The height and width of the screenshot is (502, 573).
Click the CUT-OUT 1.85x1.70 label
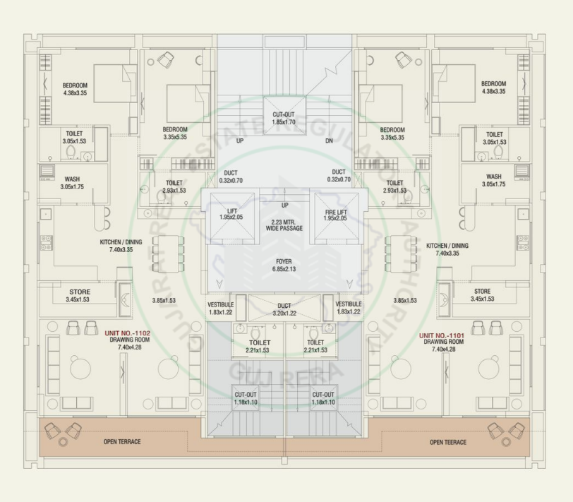284,118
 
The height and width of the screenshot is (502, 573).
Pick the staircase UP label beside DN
240,141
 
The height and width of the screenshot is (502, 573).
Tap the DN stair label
329,141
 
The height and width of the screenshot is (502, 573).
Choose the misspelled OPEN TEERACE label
448,442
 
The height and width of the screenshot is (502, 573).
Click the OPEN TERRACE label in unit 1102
122,442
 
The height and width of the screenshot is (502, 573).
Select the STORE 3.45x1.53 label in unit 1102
79,296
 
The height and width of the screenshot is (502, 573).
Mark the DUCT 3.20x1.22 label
284,309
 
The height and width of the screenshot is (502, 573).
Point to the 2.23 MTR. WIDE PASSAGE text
285,225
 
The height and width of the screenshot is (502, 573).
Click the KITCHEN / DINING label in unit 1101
447,249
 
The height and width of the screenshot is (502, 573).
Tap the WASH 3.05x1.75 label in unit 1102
72,183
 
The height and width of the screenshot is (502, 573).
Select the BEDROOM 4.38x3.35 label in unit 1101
493,87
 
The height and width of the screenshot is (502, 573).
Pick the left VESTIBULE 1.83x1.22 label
221,308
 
